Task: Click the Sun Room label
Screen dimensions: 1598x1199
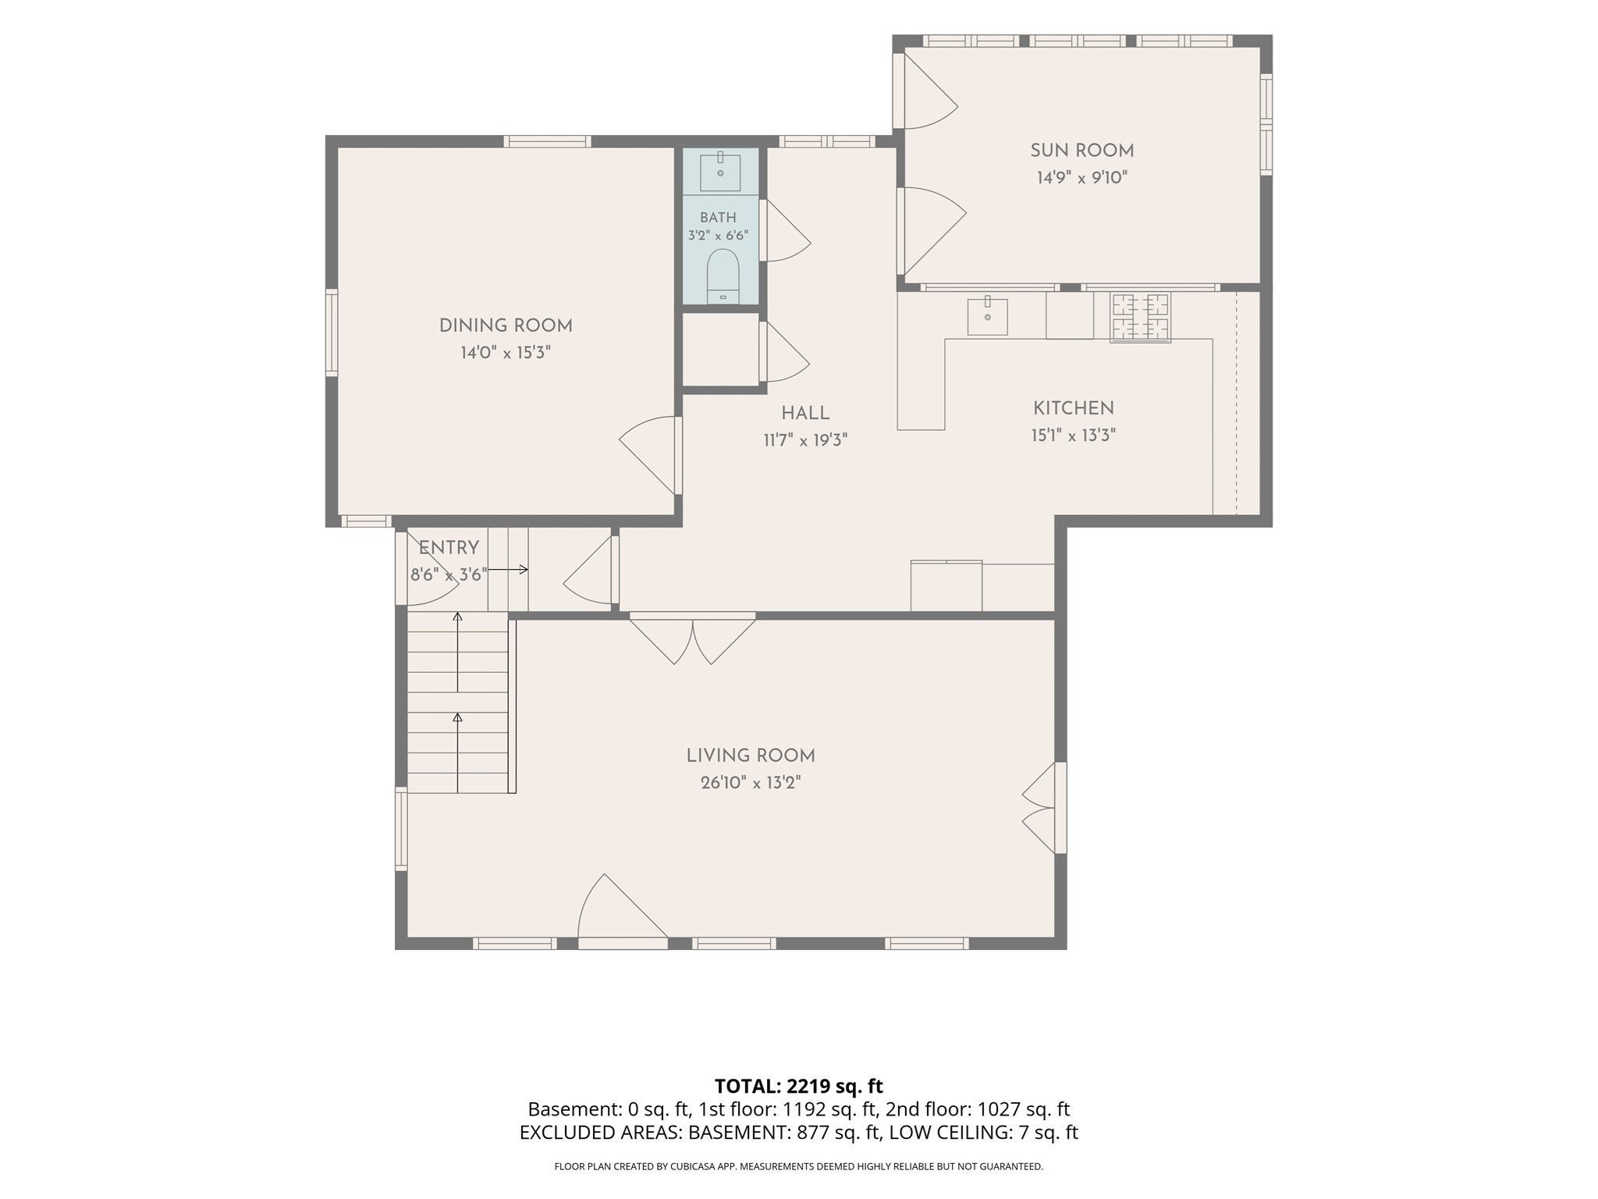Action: pos(1081,151)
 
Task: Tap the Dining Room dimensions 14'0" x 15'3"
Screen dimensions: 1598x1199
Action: pos(506,353)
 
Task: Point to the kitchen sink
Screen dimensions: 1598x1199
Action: pos(987,315)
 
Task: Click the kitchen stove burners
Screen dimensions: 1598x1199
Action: pos(1141,317)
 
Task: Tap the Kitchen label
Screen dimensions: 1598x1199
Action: pos(1074,408)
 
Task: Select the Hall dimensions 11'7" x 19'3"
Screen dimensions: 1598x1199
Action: pos(805,440)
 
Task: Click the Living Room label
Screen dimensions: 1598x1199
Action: pos(751,756)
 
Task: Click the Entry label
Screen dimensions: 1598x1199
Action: pos(449,548)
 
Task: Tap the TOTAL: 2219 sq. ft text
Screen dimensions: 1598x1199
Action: pos(799,1086)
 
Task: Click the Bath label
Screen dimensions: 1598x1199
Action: pos(718,218)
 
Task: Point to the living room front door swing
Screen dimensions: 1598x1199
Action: pos(623,911)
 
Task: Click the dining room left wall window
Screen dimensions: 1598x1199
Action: pos(332,333)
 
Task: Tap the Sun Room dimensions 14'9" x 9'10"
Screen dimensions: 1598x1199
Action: pos(1082,178)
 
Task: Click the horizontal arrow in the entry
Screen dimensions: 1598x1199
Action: pos(508,570)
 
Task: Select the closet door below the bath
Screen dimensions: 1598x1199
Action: pos(784,352)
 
